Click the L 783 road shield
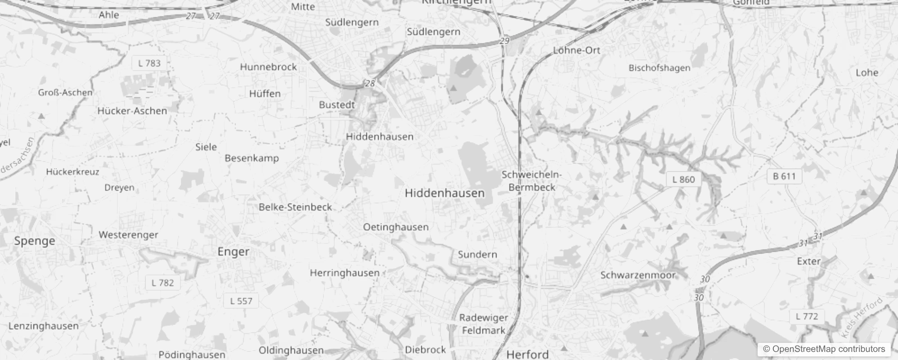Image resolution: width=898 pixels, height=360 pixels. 149,63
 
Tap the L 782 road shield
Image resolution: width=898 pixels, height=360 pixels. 162,283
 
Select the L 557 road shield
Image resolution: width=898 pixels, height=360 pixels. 241,301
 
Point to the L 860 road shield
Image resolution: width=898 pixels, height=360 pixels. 683,180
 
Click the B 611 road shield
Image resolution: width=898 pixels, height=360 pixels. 784,176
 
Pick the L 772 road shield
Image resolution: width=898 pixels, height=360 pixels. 807,316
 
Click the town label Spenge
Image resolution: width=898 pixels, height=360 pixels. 35,241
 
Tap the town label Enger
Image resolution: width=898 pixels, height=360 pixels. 233,252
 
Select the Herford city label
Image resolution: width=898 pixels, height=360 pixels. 527,354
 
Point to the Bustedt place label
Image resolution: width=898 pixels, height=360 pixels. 337,105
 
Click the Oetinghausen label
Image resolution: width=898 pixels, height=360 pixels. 395,227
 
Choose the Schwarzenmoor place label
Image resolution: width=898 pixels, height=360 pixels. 638,275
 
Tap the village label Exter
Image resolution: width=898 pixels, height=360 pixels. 808,261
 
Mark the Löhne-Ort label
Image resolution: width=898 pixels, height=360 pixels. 576,50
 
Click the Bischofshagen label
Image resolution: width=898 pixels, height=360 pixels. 659,68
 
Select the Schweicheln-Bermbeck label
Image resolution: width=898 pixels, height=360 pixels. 532,181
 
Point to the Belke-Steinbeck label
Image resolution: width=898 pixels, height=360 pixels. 295,207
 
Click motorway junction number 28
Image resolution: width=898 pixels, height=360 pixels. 370,84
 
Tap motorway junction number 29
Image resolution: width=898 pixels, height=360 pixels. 504,41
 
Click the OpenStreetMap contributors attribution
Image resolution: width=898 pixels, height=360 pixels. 823,349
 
